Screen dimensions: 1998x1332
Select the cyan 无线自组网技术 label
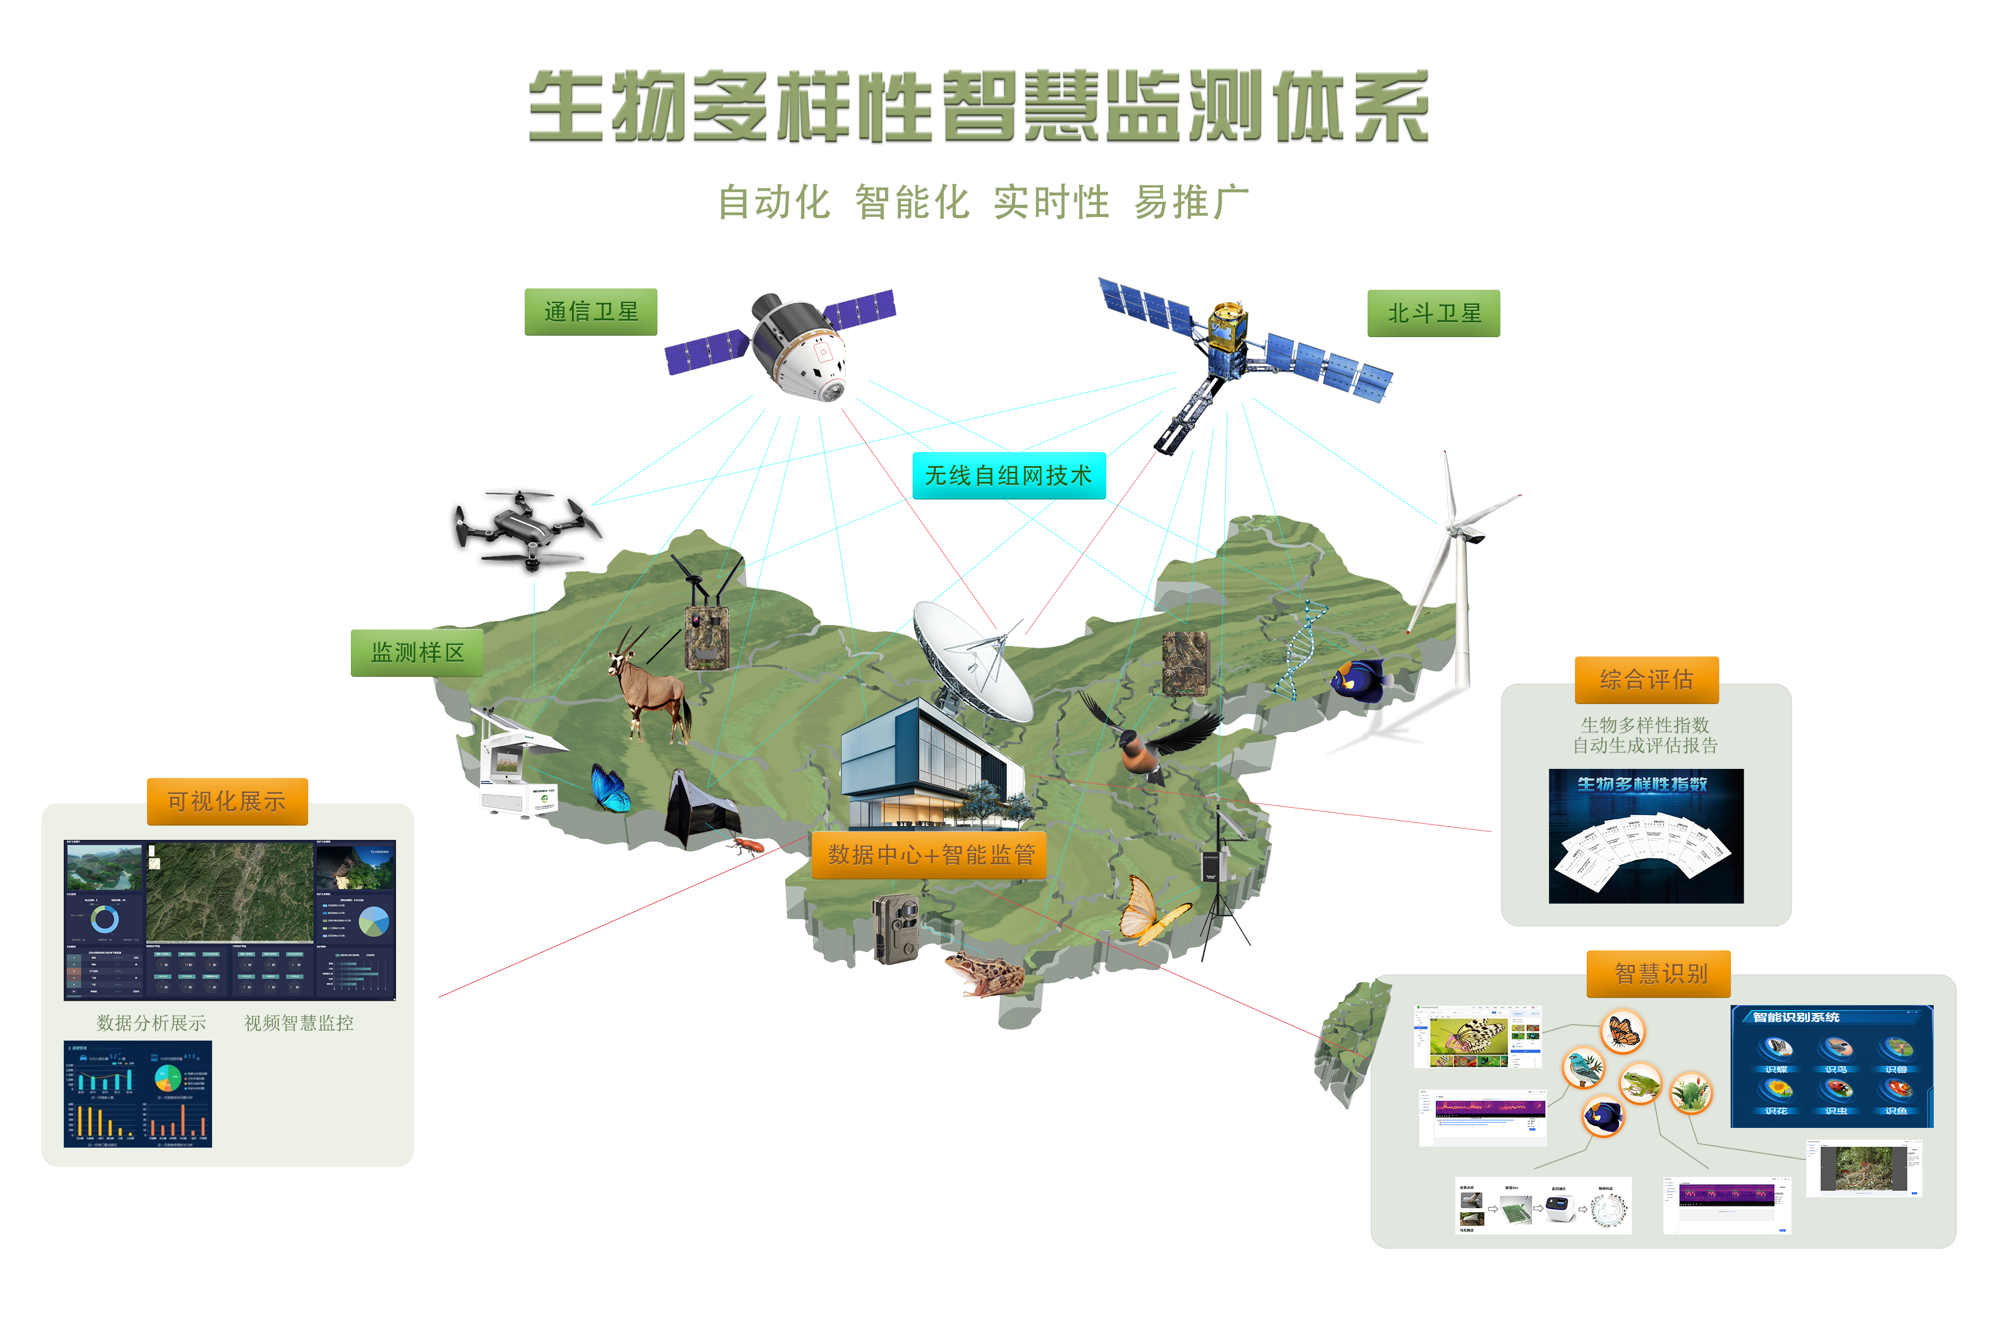click(x=1008, y=476)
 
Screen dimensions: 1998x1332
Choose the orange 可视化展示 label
click(x=227, y=801)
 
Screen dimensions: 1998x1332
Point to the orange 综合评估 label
click(x=1646, y=680)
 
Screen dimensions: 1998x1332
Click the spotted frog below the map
click(x=984, y=973)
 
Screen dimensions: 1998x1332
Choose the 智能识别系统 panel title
click(x=1795, y=1017)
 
